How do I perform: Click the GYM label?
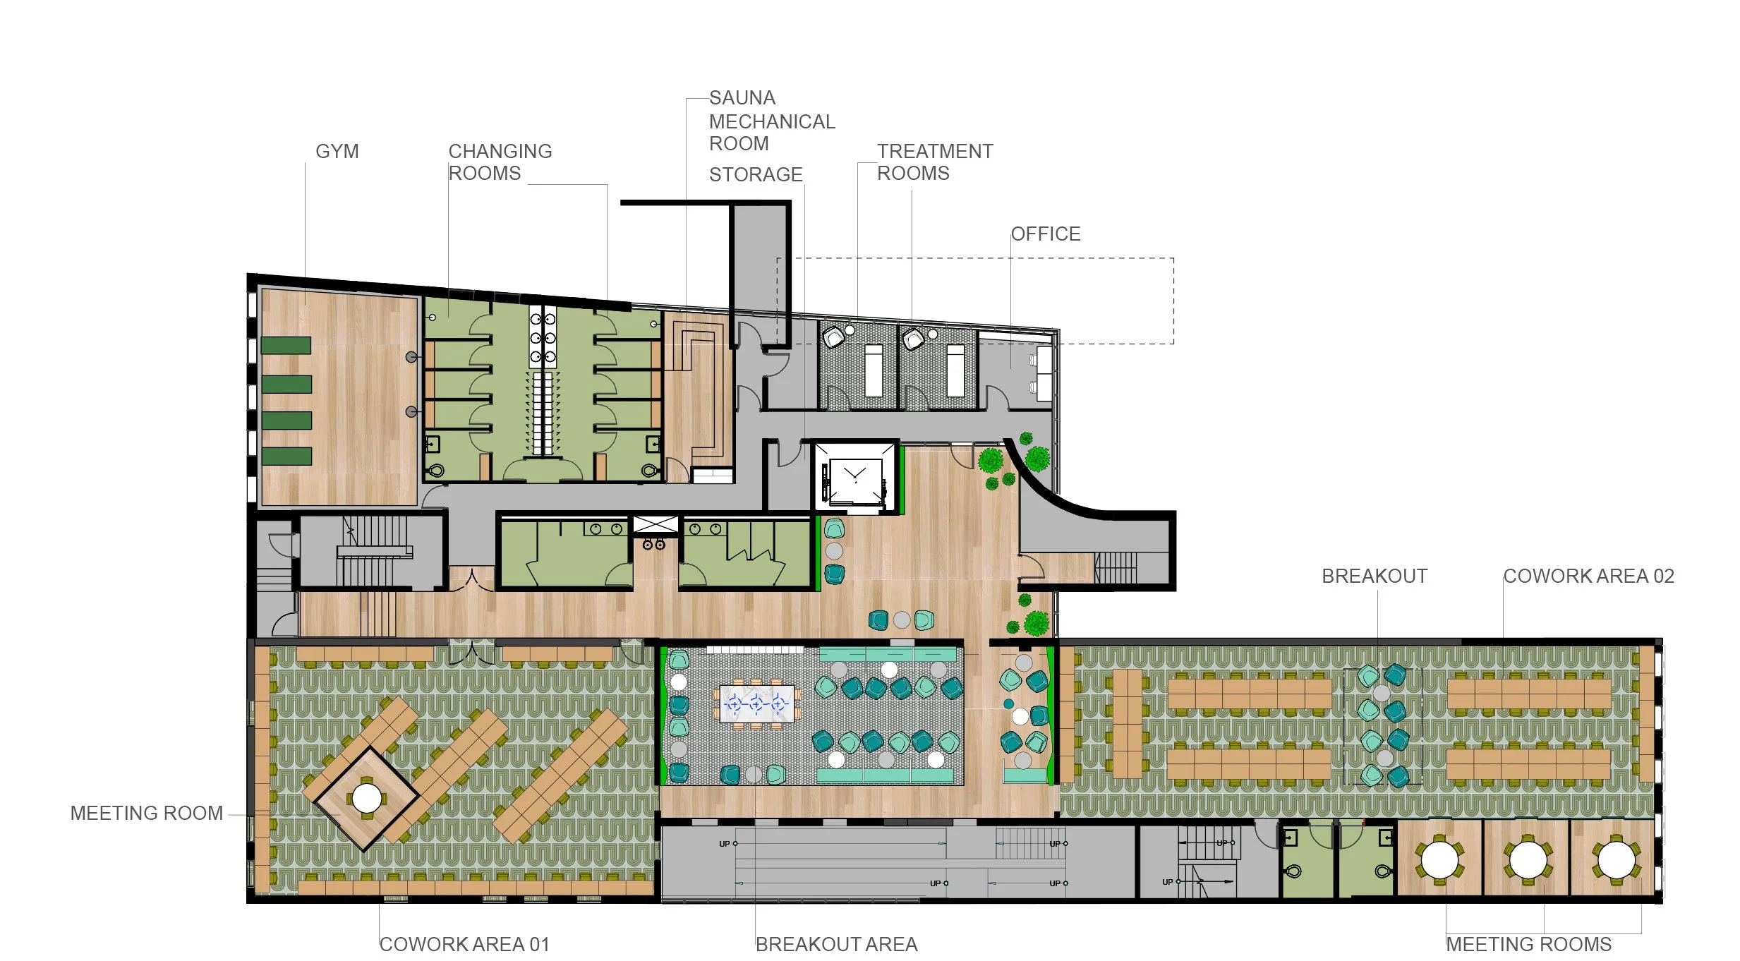tap(337, 152)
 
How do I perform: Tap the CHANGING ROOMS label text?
tap(500, 162)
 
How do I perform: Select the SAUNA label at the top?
tap(742, 98)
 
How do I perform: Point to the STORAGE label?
tap(756, 175)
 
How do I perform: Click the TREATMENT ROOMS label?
tap(935, 162)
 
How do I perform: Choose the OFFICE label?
tap(1046, 234)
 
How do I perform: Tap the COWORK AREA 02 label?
tap(1588, 576)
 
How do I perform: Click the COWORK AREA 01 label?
tap(464, 944)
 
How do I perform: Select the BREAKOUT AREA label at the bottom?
tap(836, 944)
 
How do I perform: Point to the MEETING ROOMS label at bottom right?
tap(1528, 944)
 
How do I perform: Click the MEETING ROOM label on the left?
tap(147, 814)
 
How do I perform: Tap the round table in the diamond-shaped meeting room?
tap(366, 798)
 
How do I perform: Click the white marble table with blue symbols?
tap(756, 703)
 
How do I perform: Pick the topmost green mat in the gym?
tap(286, 345)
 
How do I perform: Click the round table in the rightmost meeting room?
tap(1616, 860)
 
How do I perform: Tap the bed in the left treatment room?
tap(874, 370)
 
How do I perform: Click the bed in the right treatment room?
tap(955, 370)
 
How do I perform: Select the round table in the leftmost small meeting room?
tap(1439, 860)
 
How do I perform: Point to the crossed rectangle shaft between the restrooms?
tap(655, 524)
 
